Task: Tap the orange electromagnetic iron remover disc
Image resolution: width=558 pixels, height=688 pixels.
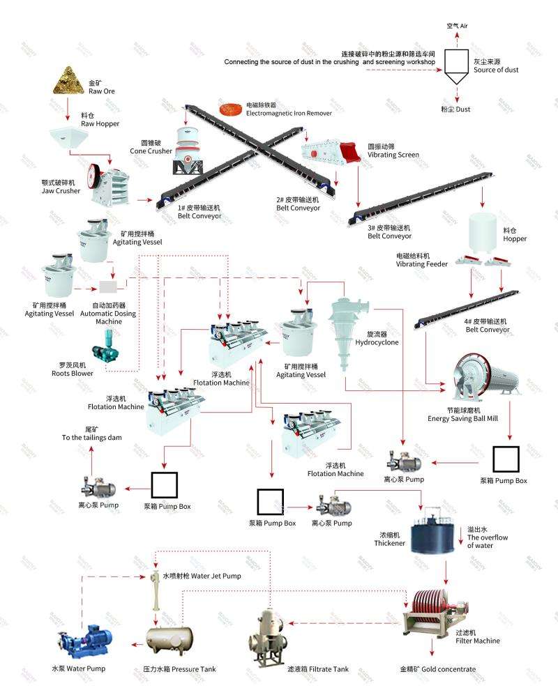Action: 229,109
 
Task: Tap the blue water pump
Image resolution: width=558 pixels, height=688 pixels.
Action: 84,638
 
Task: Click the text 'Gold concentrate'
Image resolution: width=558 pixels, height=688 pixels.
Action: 438,669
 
